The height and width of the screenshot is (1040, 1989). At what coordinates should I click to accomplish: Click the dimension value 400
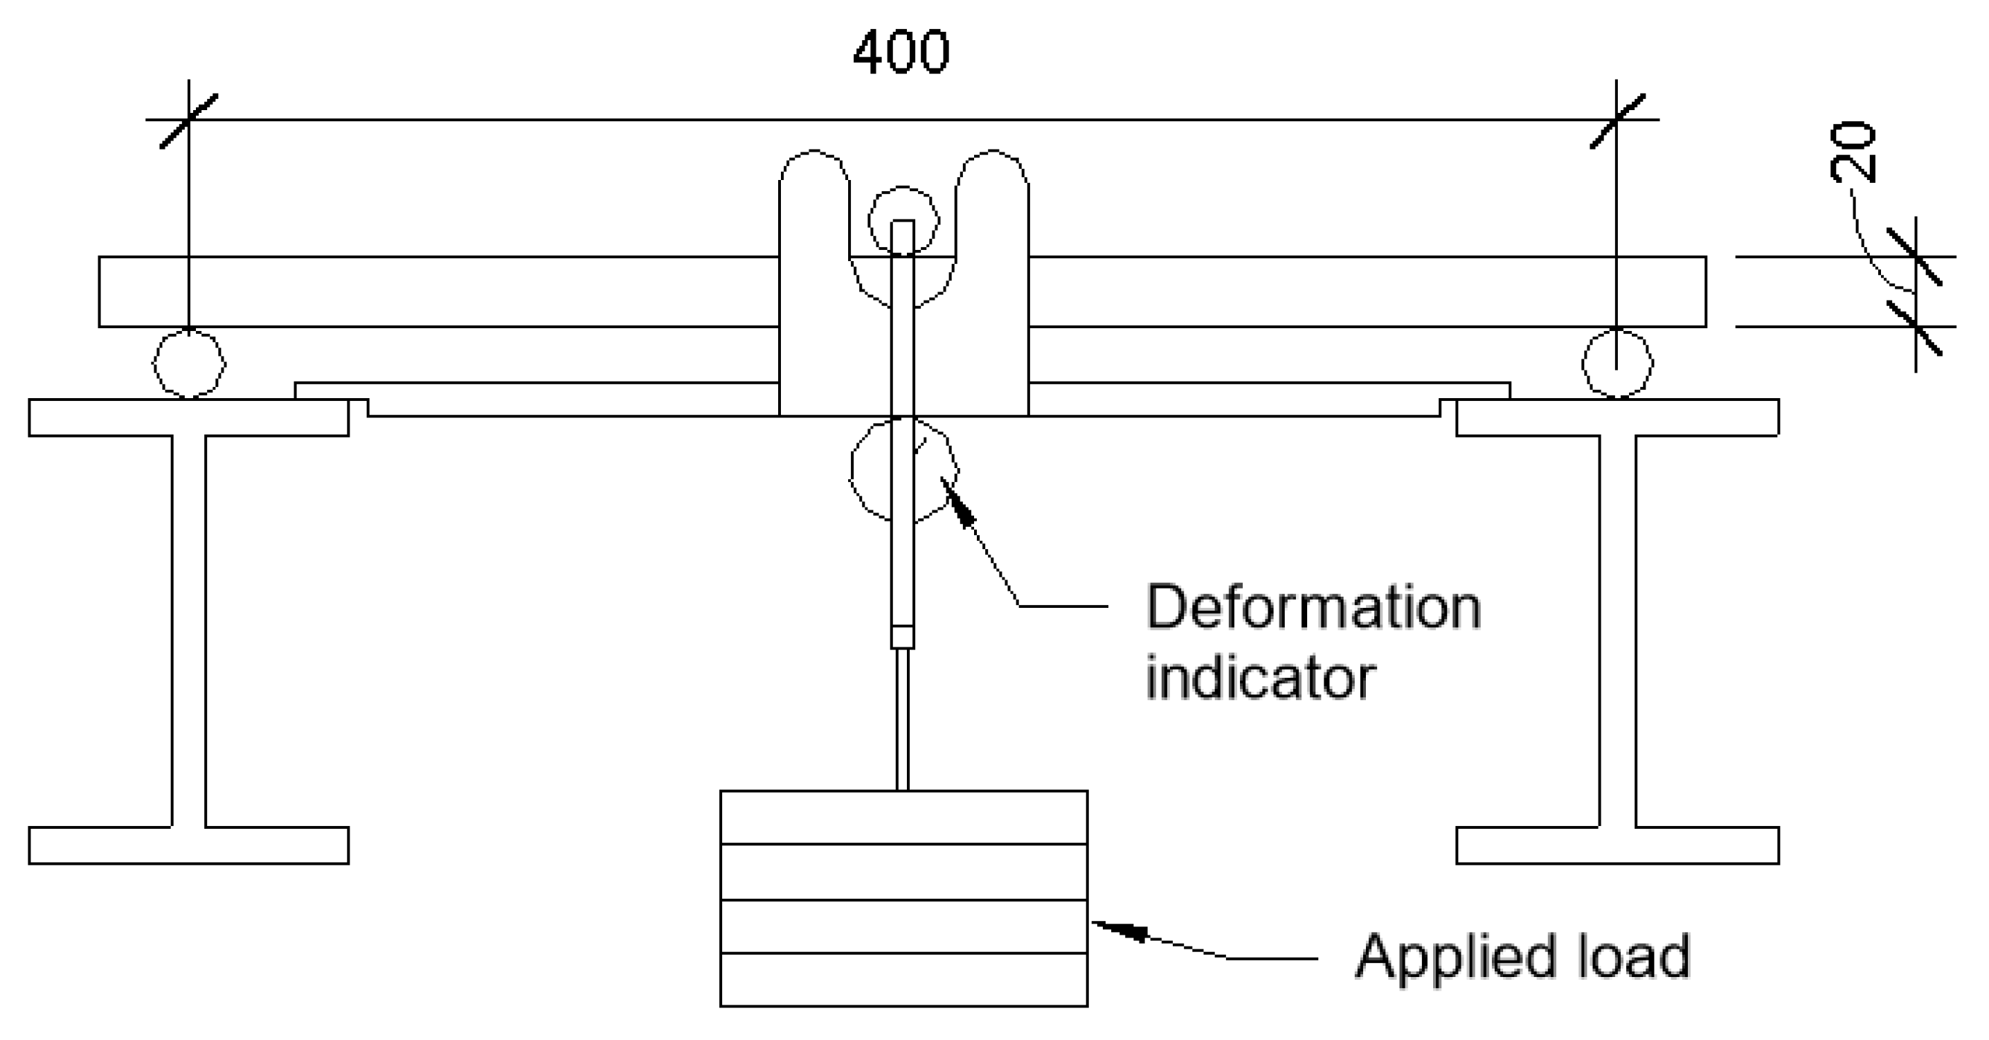coord(901,53)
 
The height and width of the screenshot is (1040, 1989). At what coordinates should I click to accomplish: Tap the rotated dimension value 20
coord(1853,152)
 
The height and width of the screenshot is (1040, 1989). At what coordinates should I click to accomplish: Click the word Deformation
coord(1313,608)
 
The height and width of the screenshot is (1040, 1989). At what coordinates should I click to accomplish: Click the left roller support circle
coord(189,364)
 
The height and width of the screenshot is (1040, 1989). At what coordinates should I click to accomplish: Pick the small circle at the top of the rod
coord(903,220)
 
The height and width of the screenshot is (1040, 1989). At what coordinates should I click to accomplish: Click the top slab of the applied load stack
coord(903,818)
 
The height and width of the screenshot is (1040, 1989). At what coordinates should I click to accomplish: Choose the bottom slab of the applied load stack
coord(903,980)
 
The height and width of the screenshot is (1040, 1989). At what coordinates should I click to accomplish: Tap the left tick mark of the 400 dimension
coord(189,120)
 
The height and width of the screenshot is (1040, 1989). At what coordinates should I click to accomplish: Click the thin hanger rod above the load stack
coord(903,718)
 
